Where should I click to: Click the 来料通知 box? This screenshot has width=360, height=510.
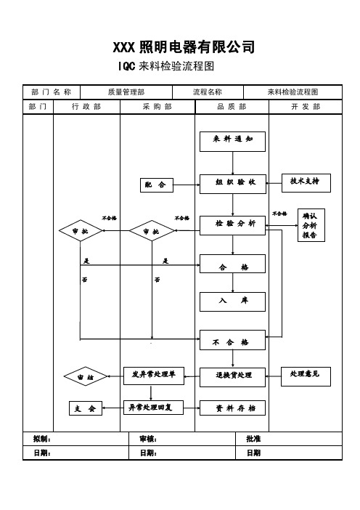click(232, 142)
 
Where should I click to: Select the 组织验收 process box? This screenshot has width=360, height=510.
click(233, 184)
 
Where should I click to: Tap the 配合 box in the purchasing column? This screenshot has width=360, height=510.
click(157, 185)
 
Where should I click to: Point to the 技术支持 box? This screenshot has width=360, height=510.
click(306, 183)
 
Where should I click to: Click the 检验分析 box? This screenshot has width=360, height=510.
click(233, 225)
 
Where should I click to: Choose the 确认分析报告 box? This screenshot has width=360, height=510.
click(311, 225)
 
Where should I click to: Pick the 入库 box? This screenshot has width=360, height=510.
click(232, 301)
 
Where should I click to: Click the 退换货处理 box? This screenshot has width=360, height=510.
click(232, 377)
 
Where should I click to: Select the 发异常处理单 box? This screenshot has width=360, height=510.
click(154, 376)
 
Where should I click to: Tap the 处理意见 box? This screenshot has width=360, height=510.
click(306, 376)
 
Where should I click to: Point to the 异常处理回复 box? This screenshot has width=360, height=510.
click(153, 408)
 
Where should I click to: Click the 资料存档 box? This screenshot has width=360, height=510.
click(232, 408)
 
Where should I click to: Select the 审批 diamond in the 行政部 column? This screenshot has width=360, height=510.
click(81, 230)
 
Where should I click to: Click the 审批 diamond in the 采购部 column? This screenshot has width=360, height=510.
click(152, 230)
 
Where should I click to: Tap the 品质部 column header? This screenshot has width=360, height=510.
click(232, 107)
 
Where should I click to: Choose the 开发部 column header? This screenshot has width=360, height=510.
click(306, 107)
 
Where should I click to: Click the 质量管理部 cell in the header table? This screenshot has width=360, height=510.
click(126, 92)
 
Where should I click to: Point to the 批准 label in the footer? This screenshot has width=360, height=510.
click(253, 439)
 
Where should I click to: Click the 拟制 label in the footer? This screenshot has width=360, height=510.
click(42, 439)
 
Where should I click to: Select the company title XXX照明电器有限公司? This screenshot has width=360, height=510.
click(184, 46)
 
